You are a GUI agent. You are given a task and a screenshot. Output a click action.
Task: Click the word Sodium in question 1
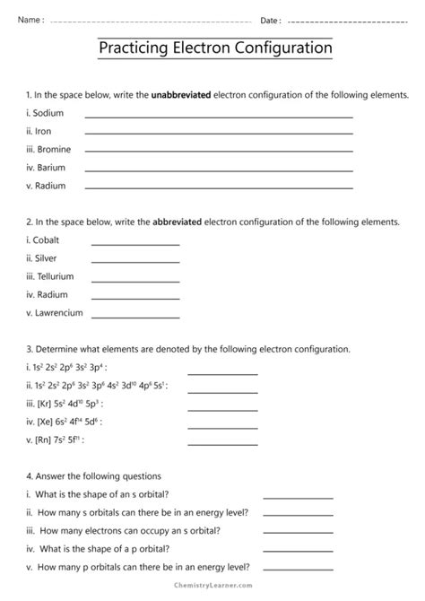[x=46, y=113]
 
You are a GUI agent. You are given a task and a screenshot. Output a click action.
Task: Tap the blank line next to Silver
[x=123, y=261]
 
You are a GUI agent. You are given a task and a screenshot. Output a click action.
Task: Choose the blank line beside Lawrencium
[x=123, y=315]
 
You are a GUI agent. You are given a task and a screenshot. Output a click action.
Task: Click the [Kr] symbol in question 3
[x=43, y=403]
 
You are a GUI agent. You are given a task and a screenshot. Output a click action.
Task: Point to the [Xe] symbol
[x=44, y=421]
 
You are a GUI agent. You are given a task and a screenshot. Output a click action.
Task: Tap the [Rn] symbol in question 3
[x=43, y=440]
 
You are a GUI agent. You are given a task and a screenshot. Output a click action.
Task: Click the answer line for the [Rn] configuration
[x=221, y=442]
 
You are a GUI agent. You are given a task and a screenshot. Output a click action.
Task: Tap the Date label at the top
[x=270, y=20]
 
